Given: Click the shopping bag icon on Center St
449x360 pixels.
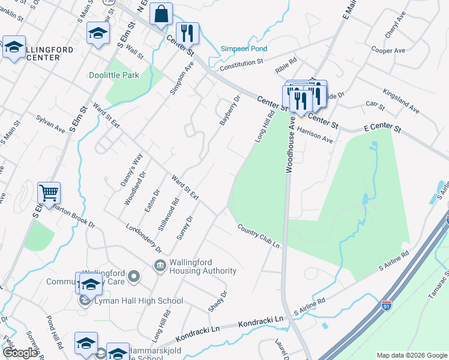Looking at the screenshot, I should (x=161, y=14).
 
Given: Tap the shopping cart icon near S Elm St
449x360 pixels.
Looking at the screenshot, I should (x=49, y=193).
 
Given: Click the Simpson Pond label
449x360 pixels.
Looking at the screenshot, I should (x=244, y=49).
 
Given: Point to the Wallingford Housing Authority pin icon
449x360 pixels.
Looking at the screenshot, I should (x=160, y=265).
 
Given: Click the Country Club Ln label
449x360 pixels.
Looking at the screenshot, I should (x=259, y=237).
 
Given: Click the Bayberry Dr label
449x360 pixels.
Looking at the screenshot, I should (x=230, y=110).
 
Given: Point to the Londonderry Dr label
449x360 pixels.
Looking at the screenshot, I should (x=144, y=238).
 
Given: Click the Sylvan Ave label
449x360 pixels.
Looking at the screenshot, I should (x=50, y=124).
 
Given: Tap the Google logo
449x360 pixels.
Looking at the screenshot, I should (x=20, y=353).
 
